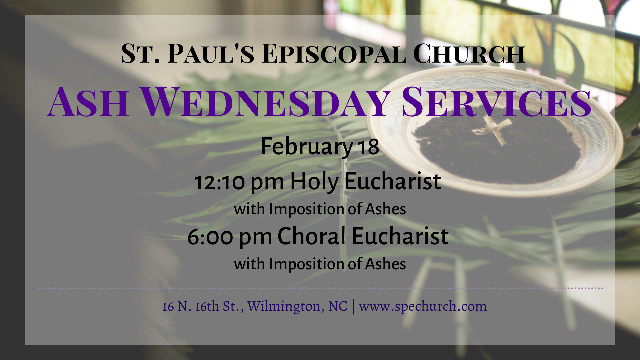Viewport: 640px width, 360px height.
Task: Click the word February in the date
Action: [306, 147]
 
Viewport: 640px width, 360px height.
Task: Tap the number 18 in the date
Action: [368, 147]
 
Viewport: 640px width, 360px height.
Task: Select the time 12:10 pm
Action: [239, 182]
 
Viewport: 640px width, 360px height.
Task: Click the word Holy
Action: [314, 182]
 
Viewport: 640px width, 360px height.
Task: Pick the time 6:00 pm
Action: [230, 237]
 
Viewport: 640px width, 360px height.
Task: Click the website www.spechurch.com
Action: [423, 306]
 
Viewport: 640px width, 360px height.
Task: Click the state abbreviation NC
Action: [338, 306]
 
